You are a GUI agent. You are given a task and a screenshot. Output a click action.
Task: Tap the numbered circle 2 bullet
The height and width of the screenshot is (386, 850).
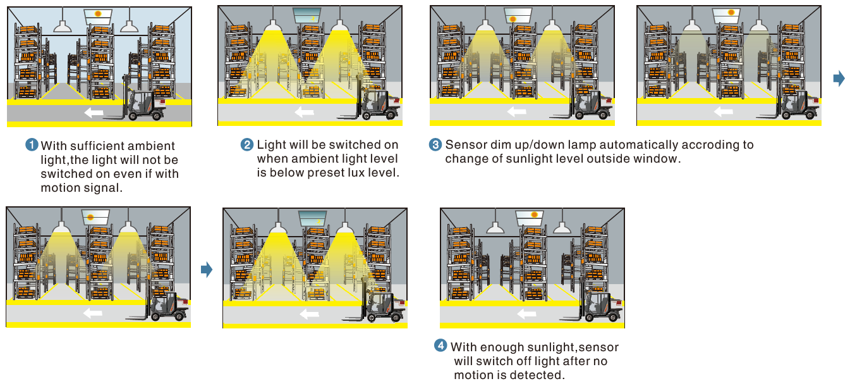248,145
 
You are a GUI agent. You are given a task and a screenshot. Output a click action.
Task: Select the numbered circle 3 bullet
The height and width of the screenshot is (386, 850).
436,145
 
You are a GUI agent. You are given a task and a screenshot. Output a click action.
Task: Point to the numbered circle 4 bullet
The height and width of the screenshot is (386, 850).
440,346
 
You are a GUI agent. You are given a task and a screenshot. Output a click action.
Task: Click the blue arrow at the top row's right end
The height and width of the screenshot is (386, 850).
839,78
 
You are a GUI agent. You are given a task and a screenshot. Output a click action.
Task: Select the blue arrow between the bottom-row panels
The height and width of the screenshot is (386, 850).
206,270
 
